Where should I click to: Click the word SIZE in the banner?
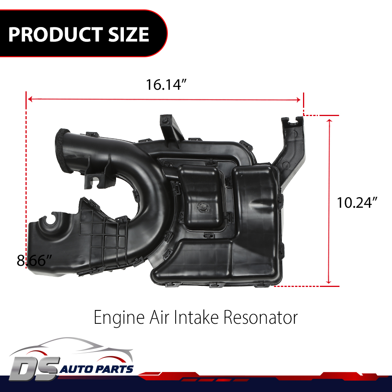[x=129, y=34]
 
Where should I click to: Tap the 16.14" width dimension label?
[x=166, y=85]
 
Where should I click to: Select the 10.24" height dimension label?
[x=357, y=203]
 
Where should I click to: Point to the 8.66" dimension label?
[x=34, y=261]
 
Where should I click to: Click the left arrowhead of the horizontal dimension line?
[x=30, y=99]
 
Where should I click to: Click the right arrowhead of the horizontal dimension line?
[x=298, y=100]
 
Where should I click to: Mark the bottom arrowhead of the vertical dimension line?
[x=329, y=281]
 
